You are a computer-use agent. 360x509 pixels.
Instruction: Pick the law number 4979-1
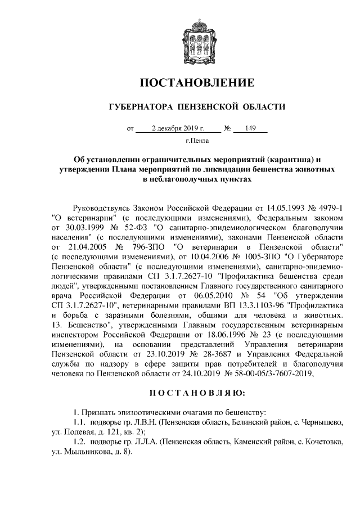pos(328,209)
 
